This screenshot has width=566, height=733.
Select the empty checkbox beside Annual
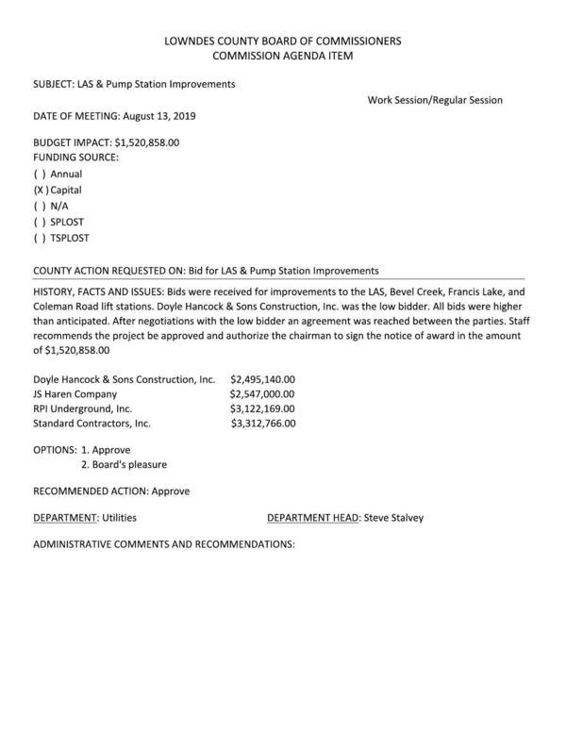tap(40, 174)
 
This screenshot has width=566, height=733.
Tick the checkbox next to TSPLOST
tap(40, 238)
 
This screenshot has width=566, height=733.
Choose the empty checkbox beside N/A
tap(40, 206)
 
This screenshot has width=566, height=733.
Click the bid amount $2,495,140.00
tap(262, 377)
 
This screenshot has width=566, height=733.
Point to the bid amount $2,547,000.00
tap(262, 393)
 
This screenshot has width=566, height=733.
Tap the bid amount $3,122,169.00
tap(262, 408)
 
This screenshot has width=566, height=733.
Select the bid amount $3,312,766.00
tap(263, 424)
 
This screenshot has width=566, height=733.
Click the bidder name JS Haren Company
tap(75, 393)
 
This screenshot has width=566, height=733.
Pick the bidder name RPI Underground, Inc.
tap(83, 408)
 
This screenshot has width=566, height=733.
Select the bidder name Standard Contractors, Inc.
tap(92, 424)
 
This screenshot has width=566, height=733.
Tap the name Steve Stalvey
tap(393, 517)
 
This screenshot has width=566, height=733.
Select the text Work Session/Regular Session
tap(435, 100)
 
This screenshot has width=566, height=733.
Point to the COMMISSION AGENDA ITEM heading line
tap(282, 58)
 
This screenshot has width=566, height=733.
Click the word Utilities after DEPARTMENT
tap(125, 517)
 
